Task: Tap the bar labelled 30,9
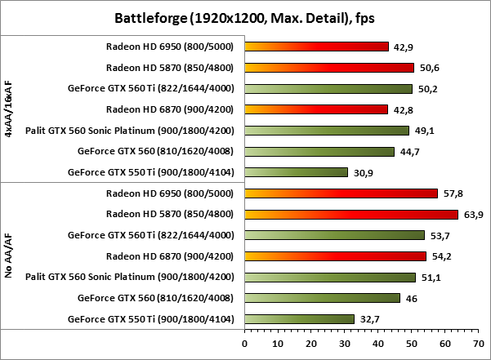(296, 172)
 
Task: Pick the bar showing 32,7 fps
(299, 319)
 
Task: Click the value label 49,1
(422, 131)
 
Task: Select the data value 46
(410, 299)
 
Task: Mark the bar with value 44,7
(319, 151)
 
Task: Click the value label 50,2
(426, 89)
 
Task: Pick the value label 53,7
(438, 236)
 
